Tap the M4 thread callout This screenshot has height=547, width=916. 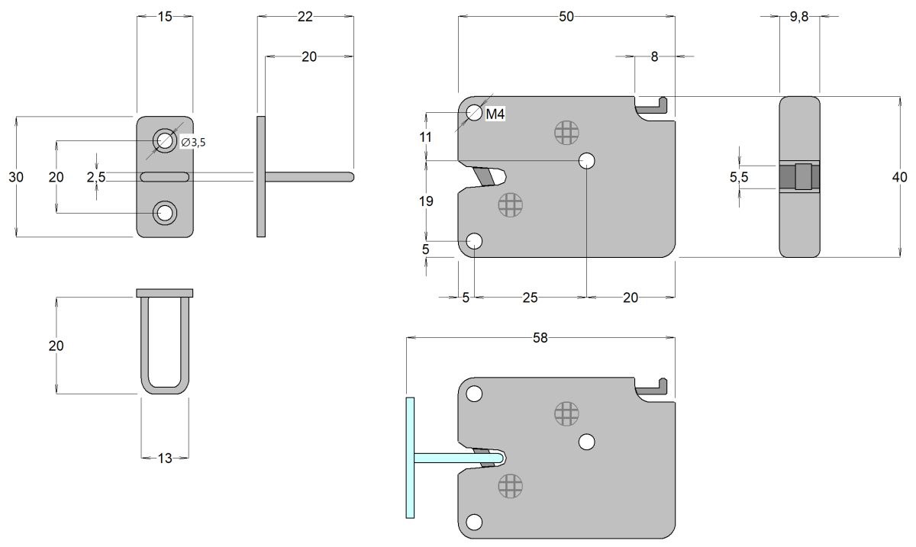(x=496, y=114)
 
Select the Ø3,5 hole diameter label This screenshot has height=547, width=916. (x=193, y=141)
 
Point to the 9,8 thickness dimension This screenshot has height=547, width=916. (x=799, y=18)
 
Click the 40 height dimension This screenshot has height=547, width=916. (x=899, y=177)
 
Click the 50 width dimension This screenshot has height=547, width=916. (x=566, y=18)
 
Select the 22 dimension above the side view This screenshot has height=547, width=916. (x=305, y=18)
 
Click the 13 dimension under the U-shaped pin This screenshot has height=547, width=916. (x=165, y=458)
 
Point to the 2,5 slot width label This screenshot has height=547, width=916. (x=96, y=177)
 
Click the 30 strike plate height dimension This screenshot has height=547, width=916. (x=16, y=177)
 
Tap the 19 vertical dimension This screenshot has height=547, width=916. (x=426, y=201)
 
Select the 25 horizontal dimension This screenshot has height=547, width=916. (x=530, y=298)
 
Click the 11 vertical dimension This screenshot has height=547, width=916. (x=426, y=137)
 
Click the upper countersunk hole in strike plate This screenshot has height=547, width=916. (x=164, y=140)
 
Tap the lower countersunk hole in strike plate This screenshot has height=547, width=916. (x=164, y=213)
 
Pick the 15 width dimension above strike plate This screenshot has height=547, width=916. (x=165, y=18)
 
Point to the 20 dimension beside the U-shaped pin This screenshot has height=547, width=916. (x=56, y=346)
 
